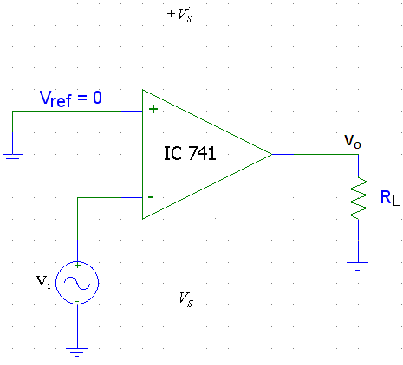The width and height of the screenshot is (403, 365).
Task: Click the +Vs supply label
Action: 179,15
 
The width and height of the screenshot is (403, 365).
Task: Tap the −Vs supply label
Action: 181,299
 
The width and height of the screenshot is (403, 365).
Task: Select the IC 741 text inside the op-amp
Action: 190,153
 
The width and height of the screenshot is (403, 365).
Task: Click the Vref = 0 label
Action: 71,99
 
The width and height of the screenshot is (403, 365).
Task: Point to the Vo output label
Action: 353,141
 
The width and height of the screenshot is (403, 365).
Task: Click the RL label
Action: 390,198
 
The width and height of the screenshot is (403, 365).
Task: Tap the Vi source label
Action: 42,282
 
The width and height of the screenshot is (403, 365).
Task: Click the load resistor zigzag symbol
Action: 358,198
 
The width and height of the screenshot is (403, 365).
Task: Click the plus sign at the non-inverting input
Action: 153,109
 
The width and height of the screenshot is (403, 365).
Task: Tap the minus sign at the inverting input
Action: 151,197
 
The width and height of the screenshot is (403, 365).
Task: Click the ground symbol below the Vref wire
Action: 13,158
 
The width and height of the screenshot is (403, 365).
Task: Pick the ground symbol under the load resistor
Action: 358,266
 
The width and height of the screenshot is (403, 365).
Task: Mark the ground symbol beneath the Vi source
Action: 77,352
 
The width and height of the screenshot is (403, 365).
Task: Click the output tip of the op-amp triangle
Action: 272,154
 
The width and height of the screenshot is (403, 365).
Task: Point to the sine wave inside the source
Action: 77,283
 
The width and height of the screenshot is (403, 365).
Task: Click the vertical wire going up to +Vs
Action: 185,67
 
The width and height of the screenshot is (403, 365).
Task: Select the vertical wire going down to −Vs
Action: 185,240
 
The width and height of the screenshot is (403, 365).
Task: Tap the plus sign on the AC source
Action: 77,265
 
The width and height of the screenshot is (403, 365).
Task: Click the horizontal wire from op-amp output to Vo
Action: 315,154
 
